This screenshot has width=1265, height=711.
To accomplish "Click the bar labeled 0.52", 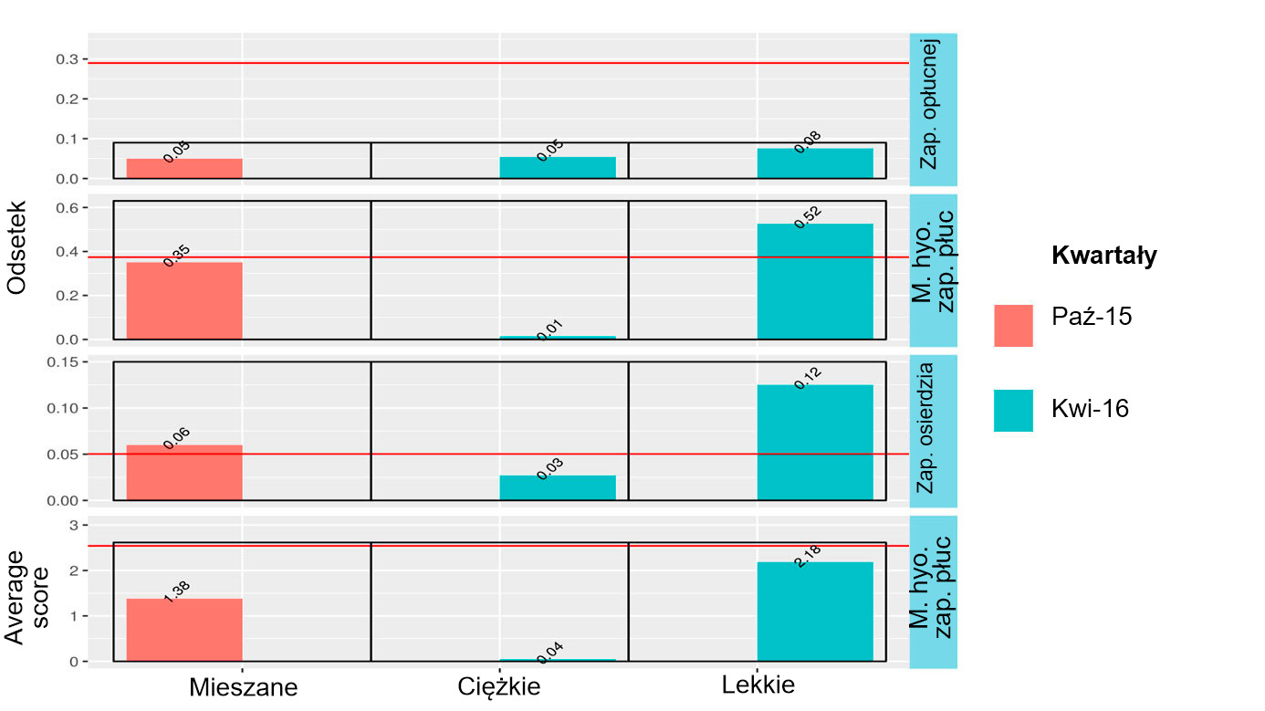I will (815, 281).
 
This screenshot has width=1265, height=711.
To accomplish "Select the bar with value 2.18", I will (815, 611).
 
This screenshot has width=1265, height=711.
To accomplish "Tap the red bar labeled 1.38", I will (184, 630).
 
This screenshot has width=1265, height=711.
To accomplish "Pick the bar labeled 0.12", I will (815, 443).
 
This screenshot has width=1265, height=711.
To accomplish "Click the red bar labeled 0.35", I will (184, 301).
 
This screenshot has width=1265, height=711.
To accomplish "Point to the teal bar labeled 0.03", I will (558, 487).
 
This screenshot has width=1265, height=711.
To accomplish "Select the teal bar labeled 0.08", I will (815, 163).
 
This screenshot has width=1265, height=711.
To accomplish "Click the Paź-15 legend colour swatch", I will (1013, 326).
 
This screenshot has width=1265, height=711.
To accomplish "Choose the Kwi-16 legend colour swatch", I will (1013, 411).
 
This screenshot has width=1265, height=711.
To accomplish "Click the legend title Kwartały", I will (1104, 256).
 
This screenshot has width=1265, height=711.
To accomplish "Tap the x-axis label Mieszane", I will (243, 687).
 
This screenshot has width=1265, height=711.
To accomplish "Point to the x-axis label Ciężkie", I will (498, 686).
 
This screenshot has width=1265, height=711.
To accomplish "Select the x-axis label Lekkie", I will (758, 685).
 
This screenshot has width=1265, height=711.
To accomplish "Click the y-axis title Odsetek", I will (16, 248).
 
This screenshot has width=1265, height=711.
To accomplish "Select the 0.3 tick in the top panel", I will (67, 59).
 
